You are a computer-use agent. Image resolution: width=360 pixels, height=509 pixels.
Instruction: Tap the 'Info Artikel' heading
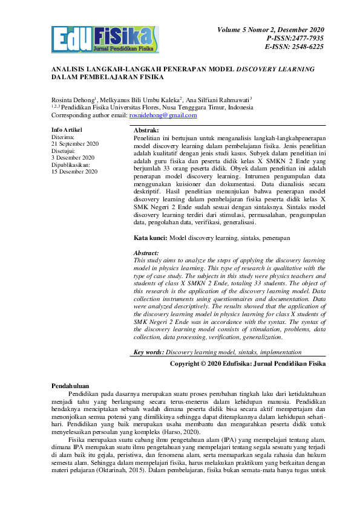pos(67,130)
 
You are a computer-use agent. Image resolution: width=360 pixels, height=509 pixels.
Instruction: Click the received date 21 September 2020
pos(75,144)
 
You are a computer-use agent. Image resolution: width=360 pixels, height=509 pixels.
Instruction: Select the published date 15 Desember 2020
pos(74,172)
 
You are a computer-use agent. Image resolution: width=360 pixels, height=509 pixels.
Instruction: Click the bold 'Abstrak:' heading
pos(146,131)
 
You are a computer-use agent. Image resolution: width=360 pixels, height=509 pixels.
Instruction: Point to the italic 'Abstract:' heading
pos(146,253)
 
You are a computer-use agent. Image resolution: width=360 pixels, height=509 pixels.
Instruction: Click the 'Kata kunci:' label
pos(151,239)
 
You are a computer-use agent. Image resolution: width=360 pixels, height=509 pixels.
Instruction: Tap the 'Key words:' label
pos(149,352)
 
